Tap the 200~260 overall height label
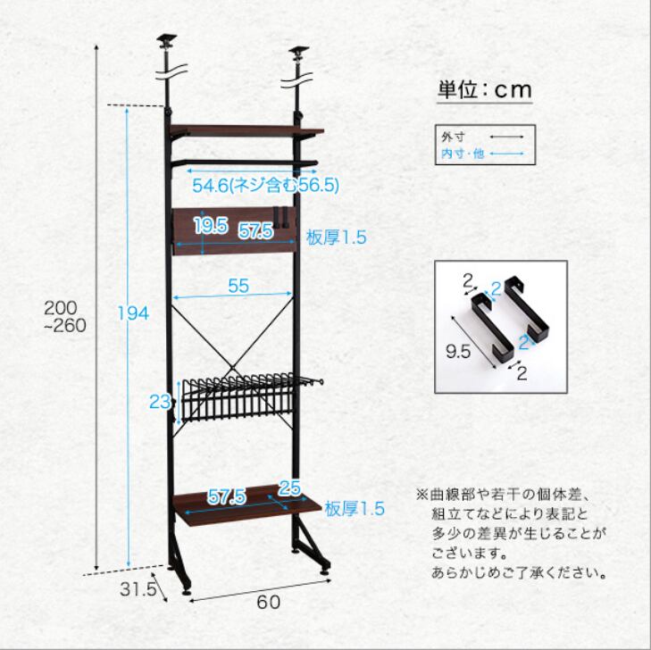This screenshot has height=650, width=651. [64, 316]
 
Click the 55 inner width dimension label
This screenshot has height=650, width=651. [238, 287]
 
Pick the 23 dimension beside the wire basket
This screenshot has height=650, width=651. [160, 402]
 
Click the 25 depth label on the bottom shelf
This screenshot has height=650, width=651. [288, 487]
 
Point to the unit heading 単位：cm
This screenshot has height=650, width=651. [484, 89]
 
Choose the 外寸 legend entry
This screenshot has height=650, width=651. [449, 137]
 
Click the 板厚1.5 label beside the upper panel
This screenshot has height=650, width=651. [337, 237]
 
